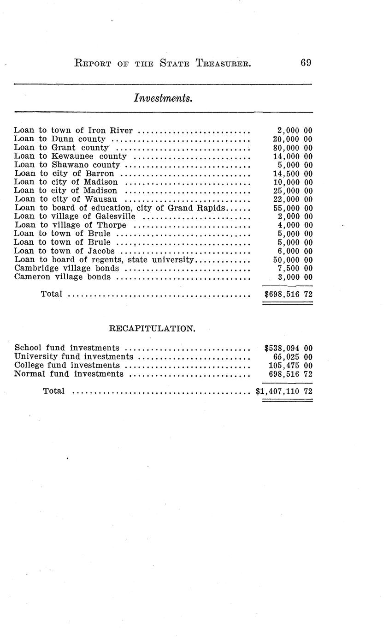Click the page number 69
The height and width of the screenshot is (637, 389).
[306, 63]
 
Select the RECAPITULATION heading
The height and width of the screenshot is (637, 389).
[152, 329]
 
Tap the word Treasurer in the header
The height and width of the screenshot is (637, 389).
[223, 63]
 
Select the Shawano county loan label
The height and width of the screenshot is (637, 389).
[67, 165]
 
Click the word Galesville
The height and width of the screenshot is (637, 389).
[115, 216]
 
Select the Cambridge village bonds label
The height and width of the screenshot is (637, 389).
[67, 268]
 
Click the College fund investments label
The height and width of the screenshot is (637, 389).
[67, 365]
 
